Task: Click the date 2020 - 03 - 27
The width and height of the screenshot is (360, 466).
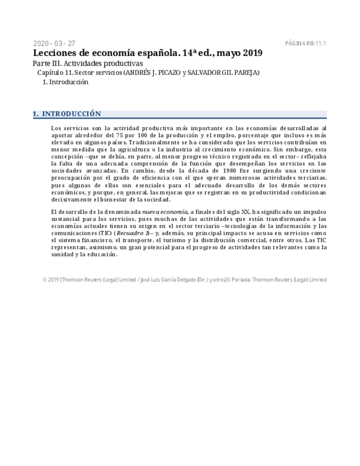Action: coord(54,43)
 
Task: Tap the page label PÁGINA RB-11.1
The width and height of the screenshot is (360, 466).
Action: coord(306,43)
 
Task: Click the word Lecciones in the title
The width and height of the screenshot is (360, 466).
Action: coord(56,53)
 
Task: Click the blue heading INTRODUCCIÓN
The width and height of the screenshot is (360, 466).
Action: coord(71,114)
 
